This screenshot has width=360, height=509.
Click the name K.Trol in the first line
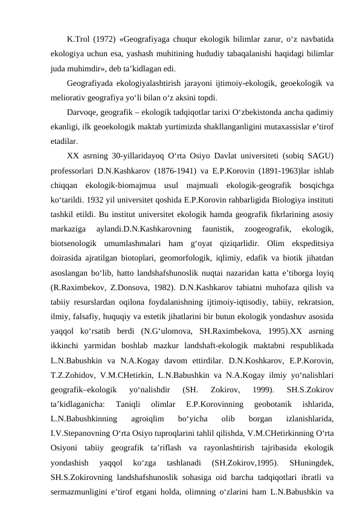80,40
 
